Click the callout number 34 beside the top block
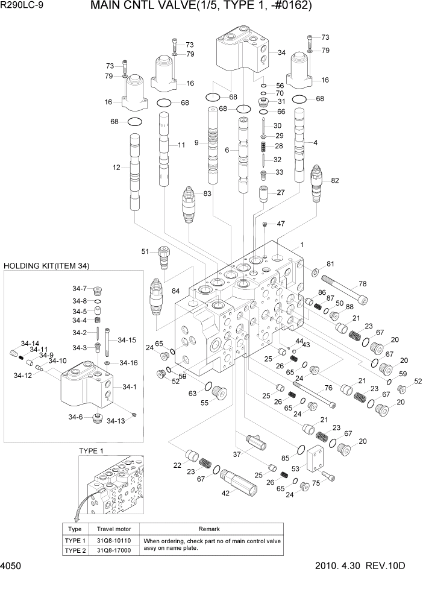(281, 52)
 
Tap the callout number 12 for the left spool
(117, 168)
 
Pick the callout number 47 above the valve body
(281, 224)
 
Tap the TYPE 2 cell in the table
(75, 550)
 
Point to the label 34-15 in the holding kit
(127, 340)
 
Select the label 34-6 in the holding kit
(75, 417)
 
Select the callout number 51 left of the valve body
(145, 251)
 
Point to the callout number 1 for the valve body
(302, 245)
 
